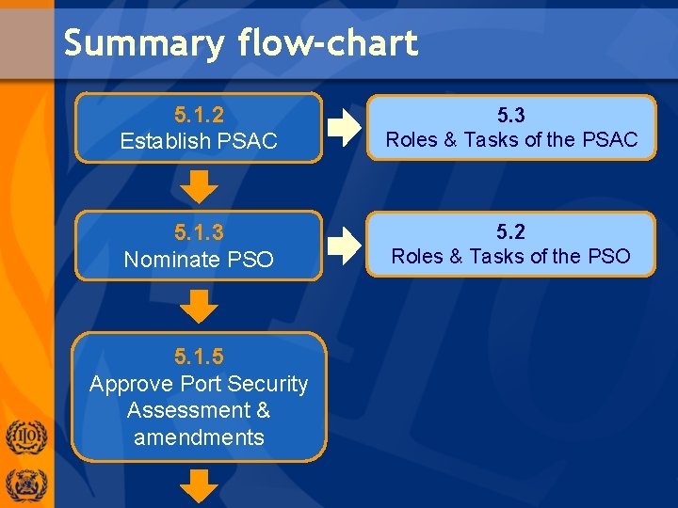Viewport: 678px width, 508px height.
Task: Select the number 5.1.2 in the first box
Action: pyautogui.click(x=199, y=115)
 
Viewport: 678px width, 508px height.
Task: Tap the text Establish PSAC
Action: pyautogui.click(x=199, y=141)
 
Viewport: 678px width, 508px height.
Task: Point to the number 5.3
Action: pyautogui.click(x=510, y=115)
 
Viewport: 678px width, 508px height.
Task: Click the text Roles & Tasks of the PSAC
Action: pyautogui.click(x=511, y=140)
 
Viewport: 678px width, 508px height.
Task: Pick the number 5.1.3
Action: pyautogui.click(x=199, y=232)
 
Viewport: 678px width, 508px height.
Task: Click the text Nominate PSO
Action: pyautogui.click(x=199, y=259)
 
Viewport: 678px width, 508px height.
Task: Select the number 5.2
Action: pyautogui.click(x=510, y=231)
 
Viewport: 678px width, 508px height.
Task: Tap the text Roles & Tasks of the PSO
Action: pyautogui.click(x=511, y=256)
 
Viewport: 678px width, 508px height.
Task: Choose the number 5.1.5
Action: pyautogui.click(x=199, y=357)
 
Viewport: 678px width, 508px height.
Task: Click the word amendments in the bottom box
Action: pyautogui.click(x=199, y=437)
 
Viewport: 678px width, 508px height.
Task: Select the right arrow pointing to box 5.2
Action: pyautogui.click(x=345, y=245)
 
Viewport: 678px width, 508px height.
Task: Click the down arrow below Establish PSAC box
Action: pyautogui.click(x=199, y=187)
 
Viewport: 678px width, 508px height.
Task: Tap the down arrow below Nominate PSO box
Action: pyautogui.click(x=199, y=306)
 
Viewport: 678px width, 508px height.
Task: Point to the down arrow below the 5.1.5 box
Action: pyautogui.click(x=199, y=488)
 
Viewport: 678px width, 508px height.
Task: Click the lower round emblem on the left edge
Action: pyautogui.click(x=26, y=485)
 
